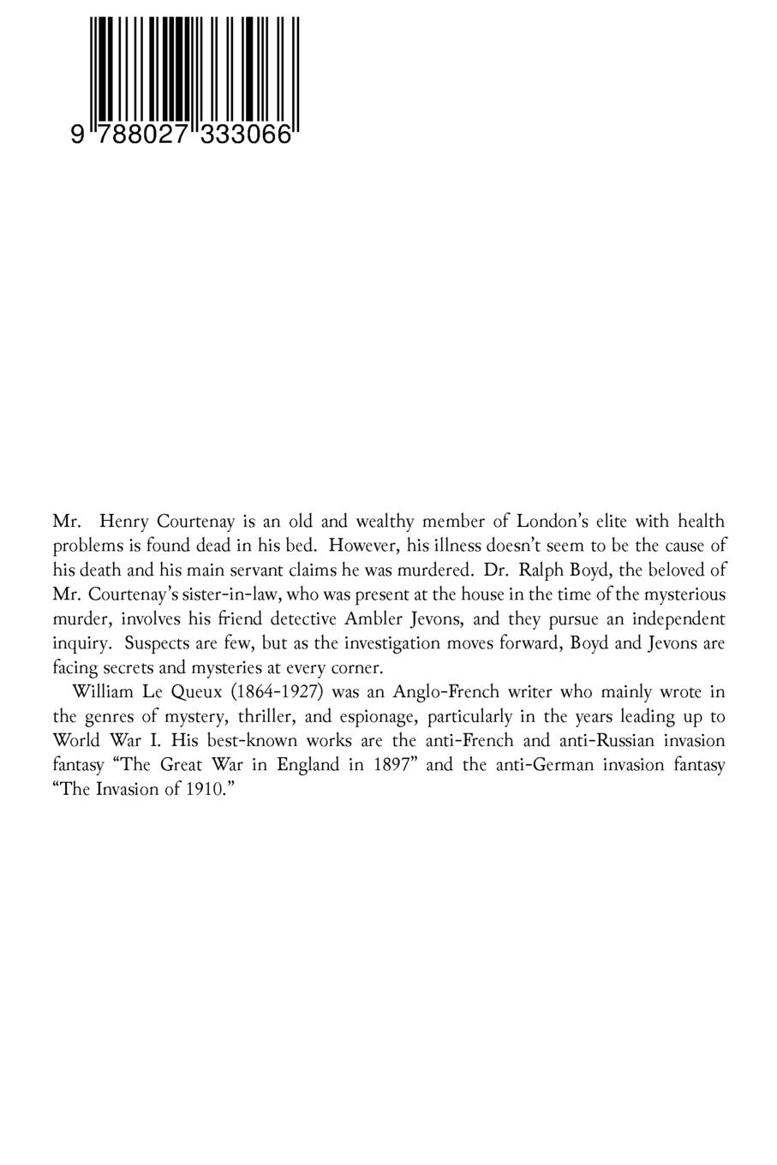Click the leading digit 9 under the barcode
78,135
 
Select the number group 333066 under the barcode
247,135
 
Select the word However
361,545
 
